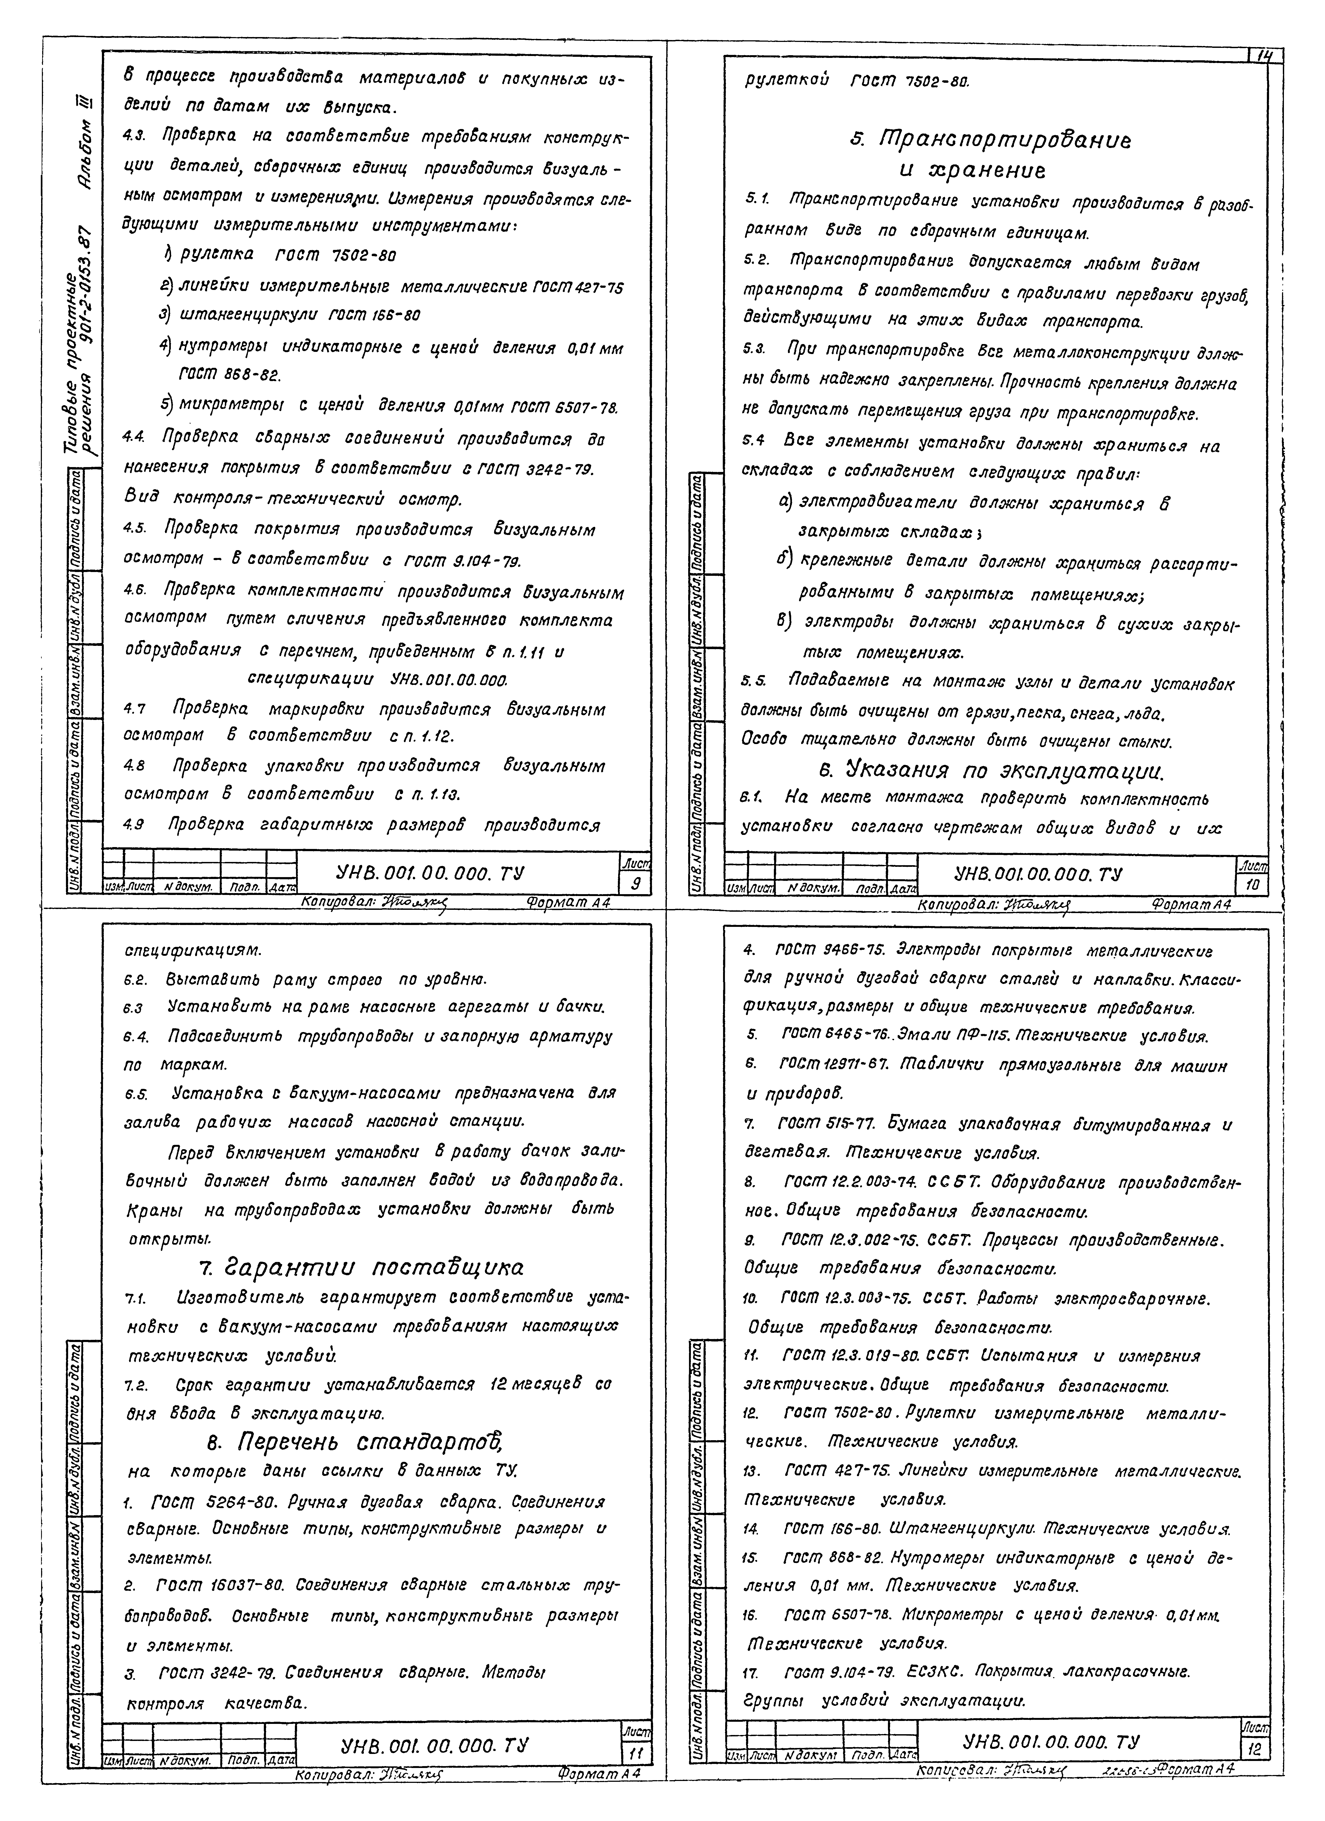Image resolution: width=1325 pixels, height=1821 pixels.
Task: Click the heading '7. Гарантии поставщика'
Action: [360, 1267]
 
